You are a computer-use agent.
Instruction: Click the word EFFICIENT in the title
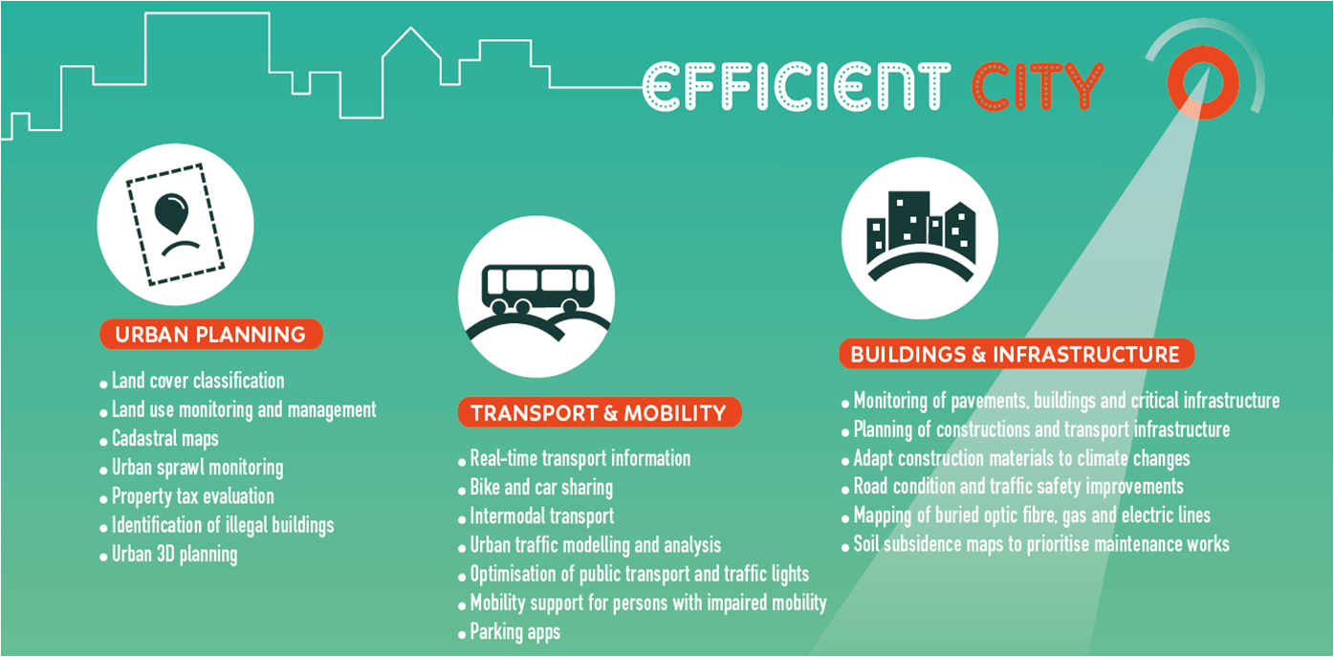click(798, 86)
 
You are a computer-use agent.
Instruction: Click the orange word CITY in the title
click(1038, 86)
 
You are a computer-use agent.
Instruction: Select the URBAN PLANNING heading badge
click(211, 334)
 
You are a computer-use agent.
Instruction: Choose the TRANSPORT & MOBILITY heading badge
click(600, 412)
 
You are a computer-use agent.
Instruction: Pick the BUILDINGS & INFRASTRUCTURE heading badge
click(1017, 354)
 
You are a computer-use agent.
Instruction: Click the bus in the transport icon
click(537, 288)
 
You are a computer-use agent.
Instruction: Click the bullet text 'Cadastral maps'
click(165, 439)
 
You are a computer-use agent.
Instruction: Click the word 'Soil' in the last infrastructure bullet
click(866, 544)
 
